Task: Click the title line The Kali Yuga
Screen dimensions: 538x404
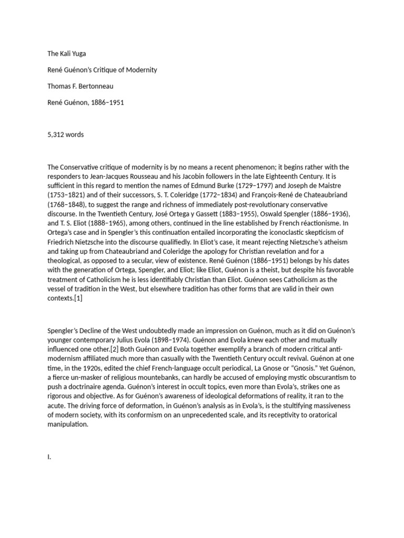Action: tap(66, 53)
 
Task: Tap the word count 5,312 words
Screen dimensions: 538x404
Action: tap(65, 134)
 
